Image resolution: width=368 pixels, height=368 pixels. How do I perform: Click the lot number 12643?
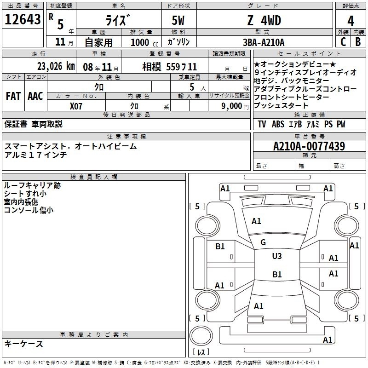pos(23,20)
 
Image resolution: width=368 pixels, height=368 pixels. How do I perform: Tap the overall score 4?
pos(351,21)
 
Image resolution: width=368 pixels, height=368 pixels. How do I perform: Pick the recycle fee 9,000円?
pos(234,106)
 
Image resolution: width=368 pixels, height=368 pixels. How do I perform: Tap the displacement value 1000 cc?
pos(143,42)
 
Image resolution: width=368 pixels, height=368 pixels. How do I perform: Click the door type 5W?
pos(179,21)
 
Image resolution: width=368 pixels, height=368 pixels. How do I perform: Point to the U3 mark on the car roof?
pos(277,256)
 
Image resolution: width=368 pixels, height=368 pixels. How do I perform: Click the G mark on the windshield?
pos(263,242)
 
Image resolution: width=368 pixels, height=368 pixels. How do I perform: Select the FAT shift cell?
pos(13,96)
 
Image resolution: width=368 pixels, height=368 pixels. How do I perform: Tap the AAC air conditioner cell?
pos(35,96)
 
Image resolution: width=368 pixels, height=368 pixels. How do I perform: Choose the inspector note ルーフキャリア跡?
pos(32,185)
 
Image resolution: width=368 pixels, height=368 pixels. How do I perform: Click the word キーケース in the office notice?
pos(23,344)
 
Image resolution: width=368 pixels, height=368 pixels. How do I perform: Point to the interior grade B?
pos(358,42)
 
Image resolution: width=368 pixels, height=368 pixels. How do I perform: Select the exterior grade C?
pos(342,42)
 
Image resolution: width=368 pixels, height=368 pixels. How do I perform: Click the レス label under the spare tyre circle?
pos(201,352)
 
